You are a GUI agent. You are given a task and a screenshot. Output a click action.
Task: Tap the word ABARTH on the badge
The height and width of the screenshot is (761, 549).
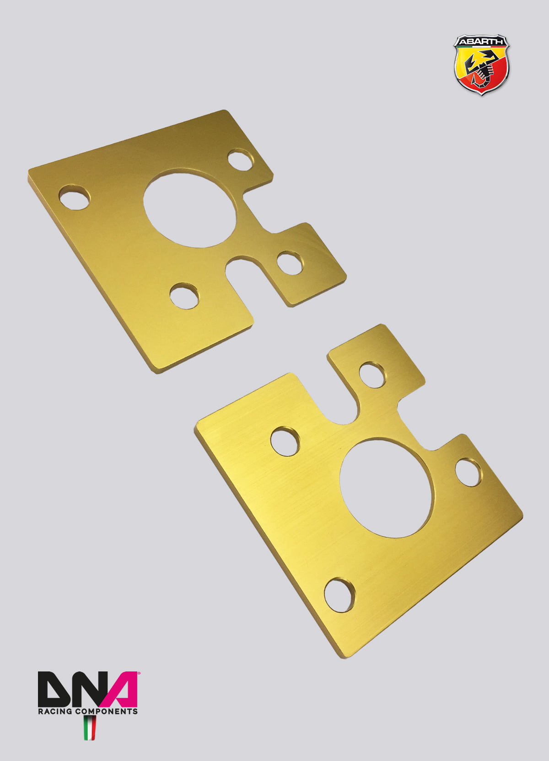click(x=481, y=42)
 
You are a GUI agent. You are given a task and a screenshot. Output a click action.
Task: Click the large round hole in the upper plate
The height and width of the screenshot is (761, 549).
click(x=189, y=208)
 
